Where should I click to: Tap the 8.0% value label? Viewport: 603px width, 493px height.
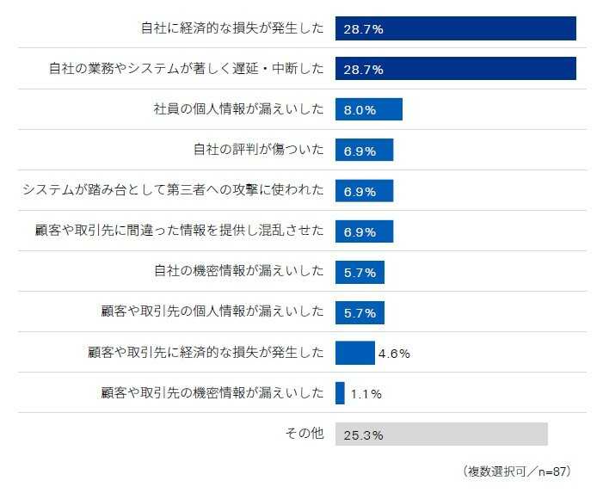pyautogui.click(x=360, y=110)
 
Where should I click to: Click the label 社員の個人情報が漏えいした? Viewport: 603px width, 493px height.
pyautogui.click(x=238, y=109)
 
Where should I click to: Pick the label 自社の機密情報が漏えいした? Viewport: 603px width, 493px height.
pyautogui.click(x=238, y=272)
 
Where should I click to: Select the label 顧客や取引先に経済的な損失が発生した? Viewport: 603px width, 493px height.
pyautogui.click(x=206, y=353)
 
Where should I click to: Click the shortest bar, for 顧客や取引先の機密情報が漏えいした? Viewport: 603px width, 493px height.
pyautogui.click(x=340, y=393)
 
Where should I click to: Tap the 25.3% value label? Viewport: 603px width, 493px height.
pyautogui.click(x=363, y=434)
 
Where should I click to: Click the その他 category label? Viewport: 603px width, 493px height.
pyautogui.click(x=305, y=434)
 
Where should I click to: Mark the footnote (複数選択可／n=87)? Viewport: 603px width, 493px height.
pyautogui.click(x=516, y=471)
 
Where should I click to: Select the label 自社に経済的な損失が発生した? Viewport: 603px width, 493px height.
pyautogui.click(x=232, y=28)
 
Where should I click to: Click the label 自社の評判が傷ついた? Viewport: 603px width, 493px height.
pyautogui.click(x=258, y=150)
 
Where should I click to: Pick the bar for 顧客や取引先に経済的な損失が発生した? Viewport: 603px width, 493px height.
pyautogui.click(x=354, y=353)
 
